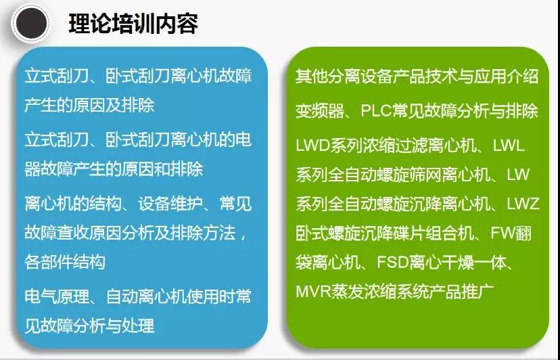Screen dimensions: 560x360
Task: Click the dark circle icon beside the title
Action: [x=31, y=23]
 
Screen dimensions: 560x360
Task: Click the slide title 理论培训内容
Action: [x=133, y=24]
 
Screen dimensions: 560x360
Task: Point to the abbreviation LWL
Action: [x=509, y=145]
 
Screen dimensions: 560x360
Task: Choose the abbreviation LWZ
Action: [x=523, y=204]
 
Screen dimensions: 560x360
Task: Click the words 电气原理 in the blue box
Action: [x=57, y=296]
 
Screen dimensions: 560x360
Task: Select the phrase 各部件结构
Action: [x=65, y=262]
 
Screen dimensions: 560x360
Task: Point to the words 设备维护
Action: [x=170, y=204]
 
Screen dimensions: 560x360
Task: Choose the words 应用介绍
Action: [x=506, y=76]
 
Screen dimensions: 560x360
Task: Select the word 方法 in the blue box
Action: [x=219, y=233]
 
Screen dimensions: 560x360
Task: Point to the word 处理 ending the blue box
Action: [x=138, y=326]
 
